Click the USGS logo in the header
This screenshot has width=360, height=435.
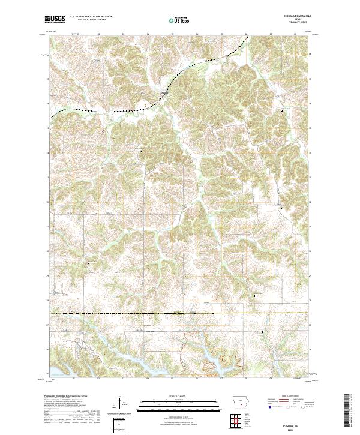[x=55, y=19]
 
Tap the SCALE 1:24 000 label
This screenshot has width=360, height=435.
[x=171, y=396]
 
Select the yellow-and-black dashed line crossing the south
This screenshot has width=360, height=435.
[x=180, y=313]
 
